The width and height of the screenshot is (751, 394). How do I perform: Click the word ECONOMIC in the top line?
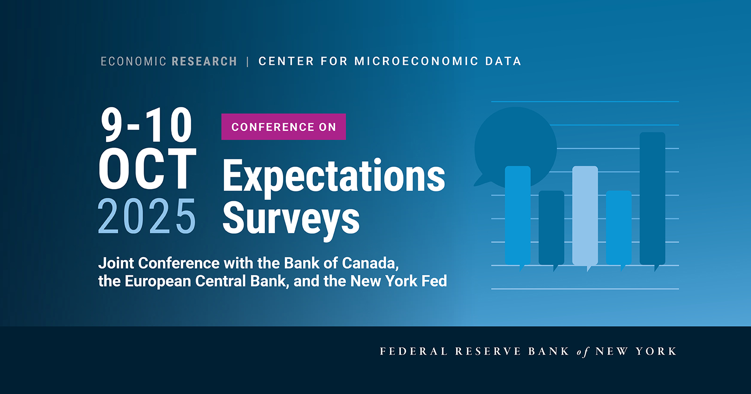(133, 61)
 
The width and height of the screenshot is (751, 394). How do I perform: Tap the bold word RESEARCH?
(204, 61)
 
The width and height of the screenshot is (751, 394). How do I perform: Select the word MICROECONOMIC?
(416, 61)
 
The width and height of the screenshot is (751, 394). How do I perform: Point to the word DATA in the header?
(503, 61)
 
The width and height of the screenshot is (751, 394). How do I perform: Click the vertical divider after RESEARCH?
(247, 61)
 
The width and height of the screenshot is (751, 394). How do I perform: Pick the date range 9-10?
(146, 125)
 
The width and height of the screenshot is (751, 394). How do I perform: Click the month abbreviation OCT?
(147, 169)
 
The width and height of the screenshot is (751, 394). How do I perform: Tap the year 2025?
(146, 216)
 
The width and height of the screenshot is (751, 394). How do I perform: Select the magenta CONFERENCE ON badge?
(284, 127)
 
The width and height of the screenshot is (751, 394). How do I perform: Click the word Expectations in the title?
(334, 177)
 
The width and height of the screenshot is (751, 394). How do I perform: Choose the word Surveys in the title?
(291, 219)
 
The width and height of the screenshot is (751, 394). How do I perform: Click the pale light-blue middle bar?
(585, 215)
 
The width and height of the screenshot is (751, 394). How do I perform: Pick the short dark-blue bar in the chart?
(551, 227)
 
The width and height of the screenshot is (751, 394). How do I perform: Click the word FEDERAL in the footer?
(413, 351)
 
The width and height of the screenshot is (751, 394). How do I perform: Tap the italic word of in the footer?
(582, 352)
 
